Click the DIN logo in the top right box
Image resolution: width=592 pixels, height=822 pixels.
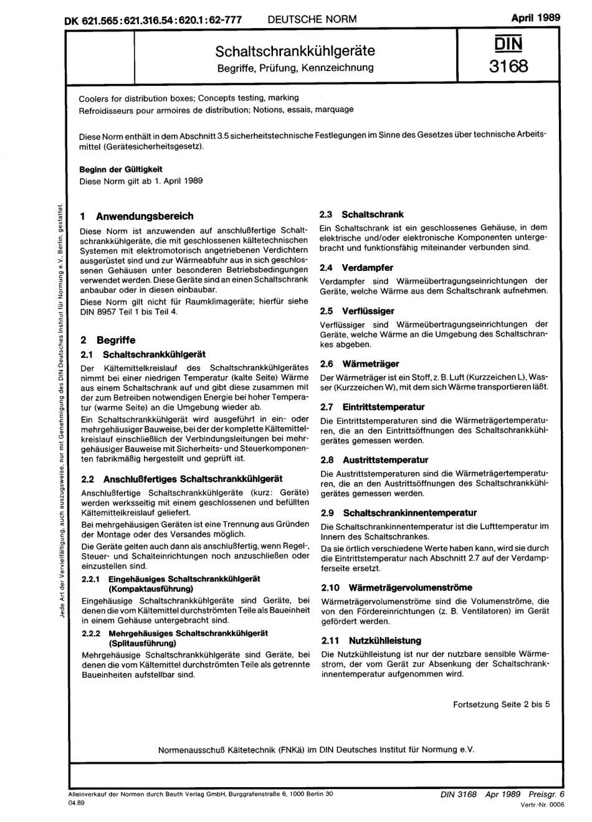click(508, 44)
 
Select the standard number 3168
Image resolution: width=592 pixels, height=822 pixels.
click(508, 65)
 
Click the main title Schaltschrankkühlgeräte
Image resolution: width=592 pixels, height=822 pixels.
click(295, 50)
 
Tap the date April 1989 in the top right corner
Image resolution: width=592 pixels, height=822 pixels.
click(535, 17)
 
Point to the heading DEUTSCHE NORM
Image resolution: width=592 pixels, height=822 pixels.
click(312, 19)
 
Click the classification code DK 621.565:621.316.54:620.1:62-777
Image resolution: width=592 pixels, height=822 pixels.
click(153, 19)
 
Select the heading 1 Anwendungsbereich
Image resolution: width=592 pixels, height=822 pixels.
click(137, 216)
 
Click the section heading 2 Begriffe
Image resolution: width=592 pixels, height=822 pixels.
click(108, 340)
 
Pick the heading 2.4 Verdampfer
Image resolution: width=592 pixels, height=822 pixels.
click(356, 267)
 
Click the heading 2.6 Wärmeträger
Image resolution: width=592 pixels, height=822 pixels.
click(359, 364)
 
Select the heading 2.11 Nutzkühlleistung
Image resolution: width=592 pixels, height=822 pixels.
click(371, 640)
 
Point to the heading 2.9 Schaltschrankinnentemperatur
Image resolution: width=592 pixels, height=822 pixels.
click(398, 513)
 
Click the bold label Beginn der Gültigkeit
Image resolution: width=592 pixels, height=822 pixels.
click(121, 169)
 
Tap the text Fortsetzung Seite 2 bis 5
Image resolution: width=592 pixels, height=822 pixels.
click(501, 704)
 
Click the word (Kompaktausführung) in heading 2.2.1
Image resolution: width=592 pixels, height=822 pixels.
click(150, 588)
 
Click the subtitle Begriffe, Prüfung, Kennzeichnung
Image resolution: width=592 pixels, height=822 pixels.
click(295, 67)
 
